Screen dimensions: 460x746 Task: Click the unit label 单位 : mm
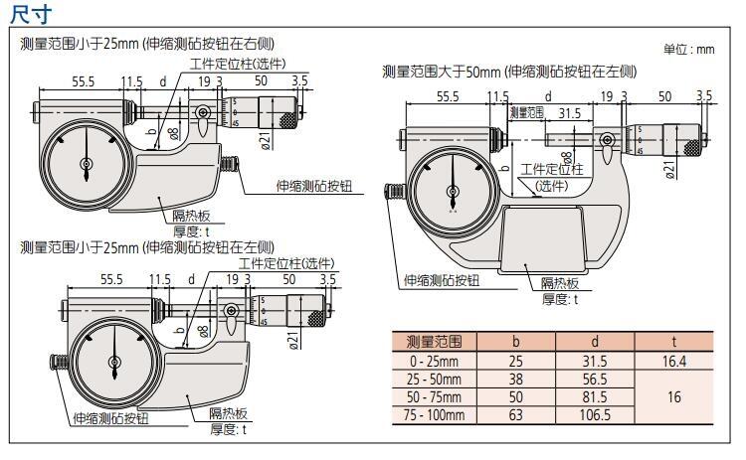pyautogui.click(x=688, y=49)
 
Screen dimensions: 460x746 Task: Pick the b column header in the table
pyautogui.click(x=514, y=341)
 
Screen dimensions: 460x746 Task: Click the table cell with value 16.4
pyautogui.click(x=673, y=360)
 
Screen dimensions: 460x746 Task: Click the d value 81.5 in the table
pyautogui.click(x=594, y=396)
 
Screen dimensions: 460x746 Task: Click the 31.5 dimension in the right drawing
pyautogui.click(x=570, y=112)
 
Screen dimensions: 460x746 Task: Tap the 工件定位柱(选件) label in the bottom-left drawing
pyautogui.click(x=286, y=263)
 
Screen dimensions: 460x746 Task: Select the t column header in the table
pyautogui.click(x=673, y=341)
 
